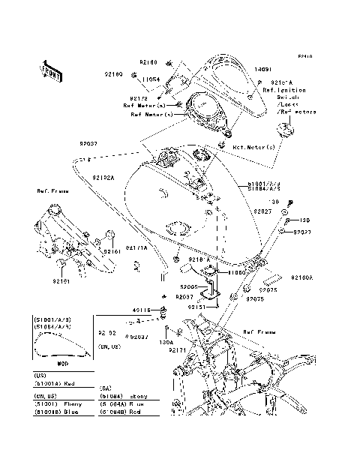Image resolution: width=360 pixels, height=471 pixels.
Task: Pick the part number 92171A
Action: [136, 247]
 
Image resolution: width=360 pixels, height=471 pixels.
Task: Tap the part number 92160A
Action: [302, 277]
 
